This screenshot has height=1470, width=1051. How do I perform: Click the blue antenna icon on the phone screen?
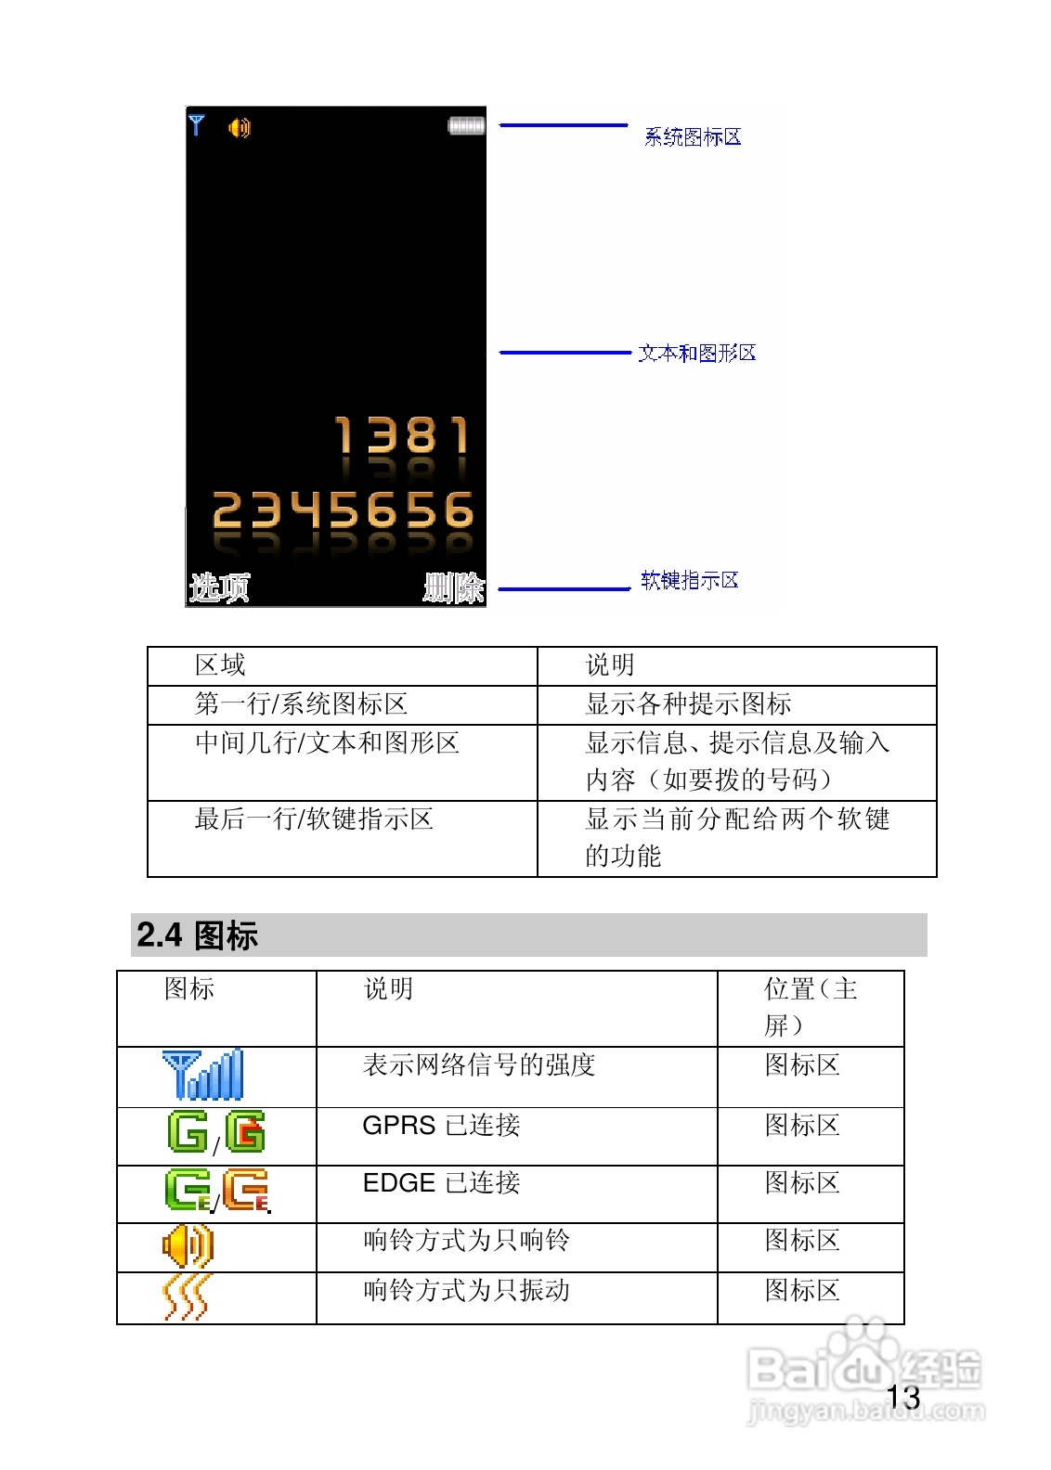point(196,124)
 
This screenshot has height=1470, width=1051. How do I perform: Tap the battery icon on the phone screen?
point(466,125)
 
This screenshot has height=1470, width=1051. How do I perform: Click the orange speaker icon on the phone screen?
point(239,127)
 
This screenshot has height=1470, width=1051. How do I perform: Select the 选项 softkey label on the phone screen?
point(219,587)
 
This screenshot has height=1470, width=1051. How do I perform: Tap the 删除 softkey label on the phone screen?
point(454,587)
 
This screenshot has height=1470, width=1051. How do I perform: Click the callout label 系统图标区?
point(693,137)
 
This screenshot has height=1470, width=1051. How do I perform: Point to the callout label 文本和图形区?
point(697,353)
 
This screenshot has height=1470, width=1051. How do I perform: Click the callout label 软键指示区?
point(690,580)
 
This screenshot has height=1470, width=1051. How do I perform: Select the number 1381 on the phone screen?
point(402,435)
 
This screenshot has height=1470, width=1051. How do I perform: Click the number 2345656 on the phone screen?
point(343,509)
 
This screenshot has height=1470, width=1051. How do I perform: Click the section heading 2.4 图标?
point(197,935)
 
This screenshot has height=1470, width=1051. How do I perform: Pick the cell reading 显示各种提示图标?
point(688,704)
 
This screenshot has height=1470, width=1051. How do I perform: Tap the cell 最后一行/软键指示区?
point(314,819)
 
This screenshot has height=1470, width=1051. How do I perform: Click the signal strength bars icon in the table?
point(202,1075)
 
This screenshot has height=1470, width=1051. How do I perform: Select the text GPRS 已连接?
point(441,1126)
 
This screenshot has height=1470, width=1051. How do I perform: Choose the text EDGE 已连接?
point(441,1183)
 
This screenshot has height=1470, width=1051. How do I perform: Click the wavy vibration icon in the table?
point(188,1297)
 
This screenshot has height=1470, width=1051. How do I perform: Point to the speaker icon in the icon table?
point(188,1244)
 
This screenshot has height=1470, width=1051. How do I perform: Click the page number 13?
point(902,1398)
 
